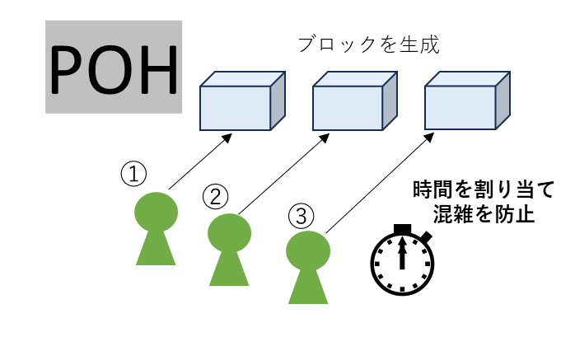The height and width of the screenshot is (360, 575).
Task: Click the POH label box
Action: click(x=114, y=67)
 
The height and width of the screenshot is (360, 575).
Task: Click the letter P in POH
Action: click(x=66, y=70)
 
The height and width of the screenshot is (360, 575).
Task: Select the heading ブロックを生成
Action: click(x=368, y=45)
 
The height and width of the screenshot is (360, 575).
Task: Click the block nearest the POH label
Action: click(x=242, y=101)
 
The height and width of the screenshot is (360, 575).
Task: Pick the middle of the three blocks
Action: click(x=354, y=101)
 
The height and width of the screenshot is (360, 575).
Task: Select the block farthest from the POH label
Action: click(x=467, y=101)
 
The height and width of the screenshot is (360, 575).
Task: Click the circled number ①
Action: click(x=133, y=174)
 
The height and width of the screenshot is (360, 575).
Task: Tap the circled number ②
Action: click(x=215, y=196)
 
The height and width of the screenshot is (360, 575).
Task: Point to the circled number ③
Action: click(x=301, y=216)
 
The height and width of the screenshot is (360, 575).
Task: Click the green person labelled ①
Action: click(x=156, y=228)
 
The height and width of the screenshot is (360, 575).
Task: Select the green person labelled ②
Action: click(x=229, y=250)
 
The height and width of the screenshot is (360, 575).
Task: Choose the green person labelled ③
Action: click(x=308, y=267)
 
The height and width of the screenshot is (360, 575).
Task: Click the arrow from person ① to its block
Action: click(x=200, y=161)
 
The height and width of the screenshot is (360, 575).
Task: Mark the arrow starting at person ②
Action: click(x=284, y=174)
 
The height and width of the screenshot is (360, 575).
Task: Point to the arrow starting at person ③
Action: click(x=380, y=183)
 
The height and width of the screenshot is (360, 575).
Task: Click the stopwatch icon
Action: click(x=402, y=260)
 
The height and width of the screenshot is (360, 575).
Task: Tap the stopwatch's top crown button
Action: click(x=402, y=229)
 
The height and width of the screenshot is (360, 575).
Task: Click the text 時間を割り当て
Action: click(x=484, y=189)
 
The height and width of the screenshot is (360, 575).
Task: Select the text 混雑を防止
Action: click(x=484, y=213)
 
